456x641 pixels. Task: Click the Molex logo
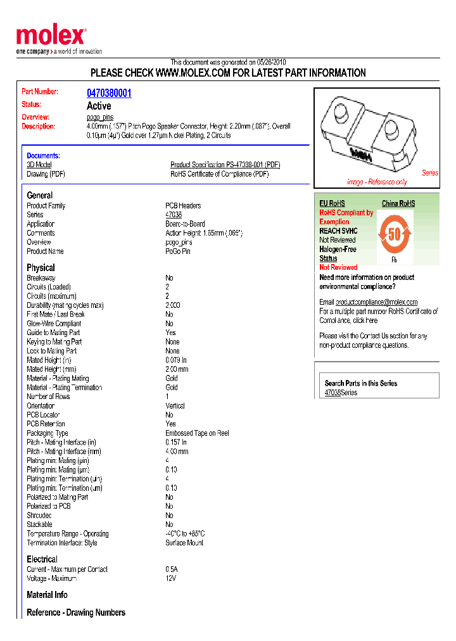tap(51, 37)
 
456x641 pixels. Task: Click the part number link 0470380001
tap(109, 93)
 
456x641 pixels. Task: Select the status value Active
tap(99, 106)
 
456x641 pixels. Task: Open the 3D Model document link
tap(39, 165)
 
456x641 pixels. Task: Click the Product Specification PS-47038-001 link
tap(225, 165)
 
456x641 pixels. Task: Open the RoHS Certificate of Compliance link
tap(219, 174)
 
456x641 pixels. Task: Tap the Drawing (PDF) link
tap(46, 174)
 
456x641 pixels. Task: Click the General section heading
tap(40, 195)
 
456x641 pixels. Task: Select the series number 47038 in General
tap(174, 215)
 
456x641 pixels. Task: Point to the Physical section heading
tap(41, 267)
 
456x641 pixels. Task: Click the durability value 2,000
tap(173, 305)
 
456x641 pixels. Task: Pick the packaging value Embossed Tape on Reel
tap(197, 433)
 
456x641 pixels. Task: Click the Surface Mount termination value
tap(184, 543)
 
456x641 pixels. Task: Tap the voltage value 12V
tap(171, 578)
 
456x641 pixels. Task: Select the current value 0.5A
tap(172, 569)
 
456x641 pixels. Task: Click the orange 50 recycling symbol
tap(394, 235)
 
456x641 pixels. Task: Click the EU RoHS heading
tap(332, 203)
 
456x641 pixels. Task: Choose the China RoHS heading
tap(398, 203)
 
